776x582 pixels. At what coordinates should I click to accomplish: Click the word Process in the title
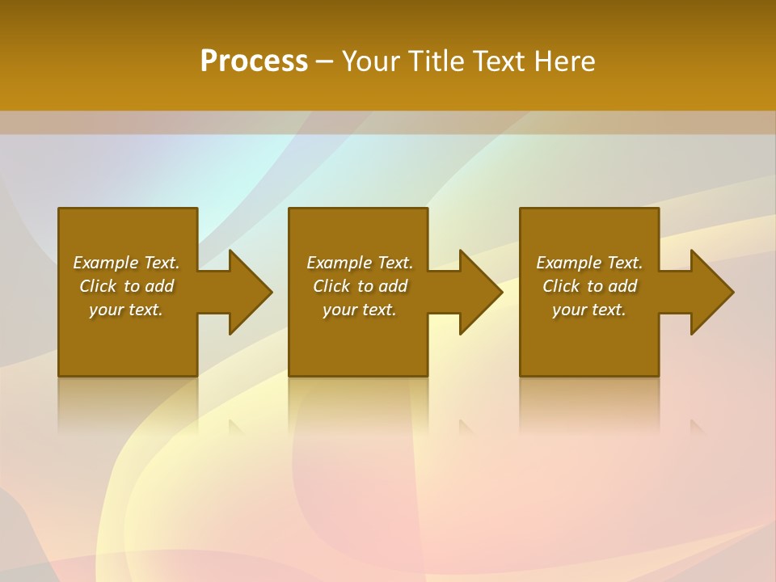tap(254, 61)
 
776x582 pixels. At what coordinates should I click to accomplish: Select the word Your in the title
tap(372, 61)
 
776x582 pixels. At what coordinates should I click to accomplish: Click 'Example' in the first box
tap(105, 263)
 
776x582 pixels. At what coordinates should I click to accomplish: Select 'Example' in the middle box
tap(339, 263)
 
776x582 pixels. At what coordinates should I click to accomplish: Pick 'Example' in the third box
tap(568, 263)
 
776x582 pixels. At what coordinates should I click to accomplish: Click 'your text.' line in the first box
tap(126, 310)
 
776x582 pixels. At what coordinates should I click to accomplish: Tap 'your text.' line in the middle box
tap(360, 310)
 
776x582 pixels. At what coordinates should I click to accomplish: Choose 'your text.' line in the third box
tap(589, 310)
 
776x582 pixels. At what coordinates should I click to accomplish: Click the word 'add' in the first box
tap(159, 286)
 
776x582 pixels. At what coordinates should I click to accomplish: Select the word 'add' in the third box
tap(622, 286)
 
